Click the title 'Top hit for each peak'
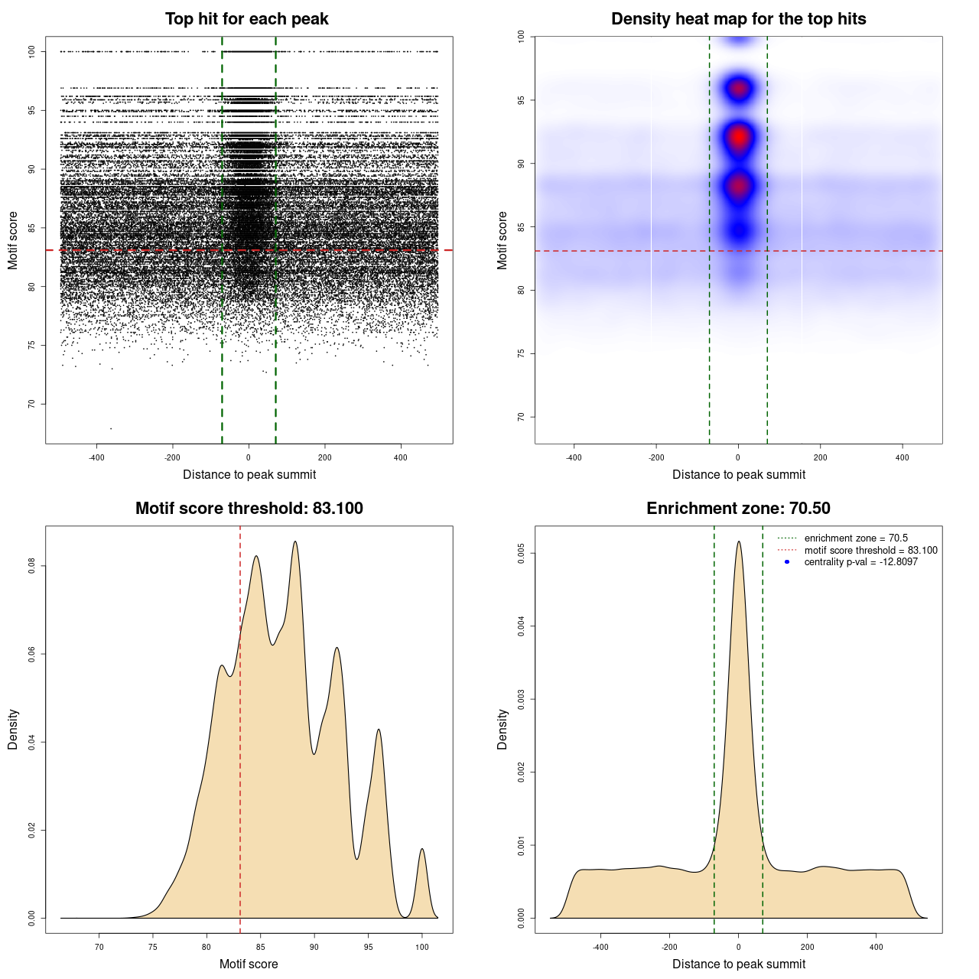[x=247, y=19]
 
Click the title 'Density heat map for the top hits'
[x=738, y=19]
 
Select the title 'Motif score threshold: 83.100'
[x=249, y=509]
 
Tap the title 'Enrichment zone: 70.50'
[x=738, y=509]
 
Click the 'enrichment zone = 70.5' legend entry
[x=856, y=538]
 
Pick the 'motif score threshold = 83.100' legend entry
[x=870, y=551]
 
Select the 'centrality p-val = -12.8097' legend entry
[x=860, y=562]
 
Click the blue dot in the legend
[x=787, y=562]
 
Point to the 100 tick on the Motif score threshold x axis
[x=422, y=947]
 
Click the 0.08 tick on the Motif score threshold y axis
[x=32, y=566]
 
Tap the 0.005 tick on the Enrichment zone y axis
[x=522, y=553]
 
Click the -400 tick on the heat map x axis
[x=574, y=457]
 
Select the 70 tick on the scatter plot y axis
[x=32, y=404]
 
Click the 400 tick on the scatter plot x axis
[x=401, y=457]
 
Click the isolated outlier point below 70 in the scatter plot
[x=111, y=428]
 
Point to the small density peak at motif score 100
[x=421, y=850]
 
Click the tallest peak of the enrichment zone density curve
[x=739, y=542]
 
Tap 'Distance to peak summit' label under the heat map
[x=739, y=475]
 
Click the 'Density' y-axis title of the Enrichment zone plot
[x=503, y=729]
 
